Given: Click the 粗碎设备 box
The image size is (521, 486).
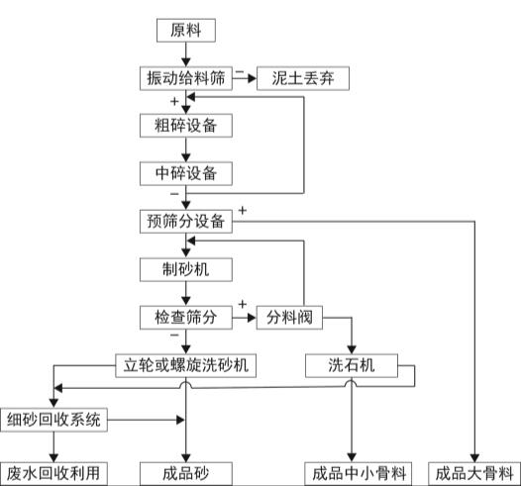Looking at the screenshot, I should click(x=186, y=126).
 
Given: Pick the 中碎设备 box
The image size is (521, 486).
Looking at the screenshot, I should click(x=186, y=173).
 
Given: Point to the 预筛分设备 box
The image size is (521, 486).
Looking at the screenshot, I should click(x=186, y=221).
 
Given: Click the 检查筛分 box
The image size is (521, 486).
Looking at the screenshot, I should click(x=186, y=317).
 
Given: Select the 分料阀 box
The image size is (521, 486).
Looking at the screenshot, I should click(x=288, y=317).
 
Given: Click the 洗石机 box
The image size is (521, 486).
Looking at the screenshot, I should click(x=354, y=364).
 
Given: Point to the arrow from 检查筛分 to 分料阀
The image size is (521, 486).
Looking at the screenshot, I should click(x=244, y=318).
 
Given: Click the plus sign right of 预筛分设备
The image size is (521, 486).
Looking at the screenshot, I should click(x=243, y=211).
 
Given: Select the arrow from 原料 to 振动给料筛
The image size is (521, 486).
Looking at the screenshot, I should click(x=186, y=53).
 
